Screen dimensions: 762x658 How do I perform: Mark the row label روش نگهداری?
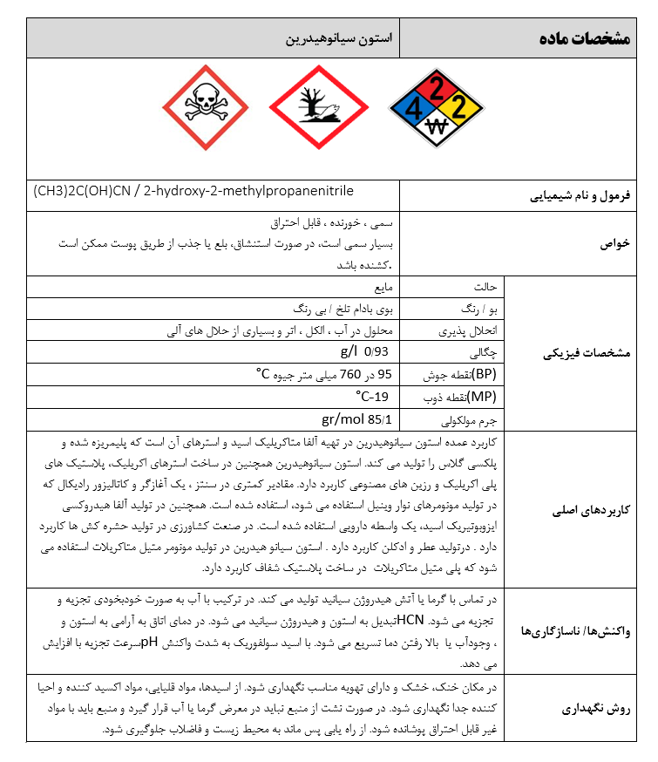click(x=597, y=708)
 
